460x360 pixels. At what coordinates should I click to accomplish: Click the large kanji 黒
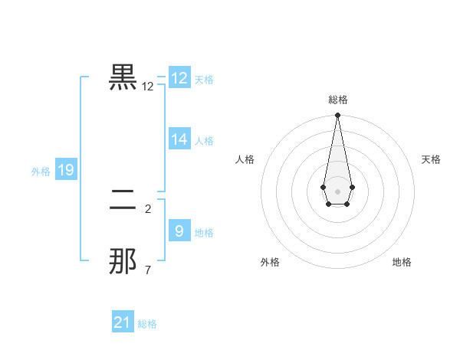click(123, 77)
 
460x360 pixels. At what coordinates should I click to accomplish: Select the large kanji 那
click(123, 261)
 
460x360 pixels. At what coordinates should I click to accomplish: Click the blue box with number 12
click(179, 78)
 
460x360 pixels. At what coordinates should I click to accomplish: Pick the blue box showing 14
click(179, 139)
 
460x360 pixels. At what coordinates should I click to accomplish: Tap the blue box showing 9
click(179, 231)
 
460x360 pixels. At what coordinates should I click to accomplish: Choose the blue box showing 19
click(66, 170)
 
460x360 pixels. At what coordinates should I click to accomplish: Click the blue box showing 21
click(123, 322)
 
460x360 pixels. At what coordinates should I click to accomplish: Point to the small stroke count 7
click(148, 270)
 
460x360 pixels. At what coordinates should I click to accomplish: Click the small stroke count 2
click(148, 208)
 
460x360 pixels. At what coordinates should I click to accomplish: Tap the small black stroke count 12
click(148, 87)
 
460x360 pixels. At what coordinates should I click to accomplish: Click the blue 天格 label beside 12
click(204, 80)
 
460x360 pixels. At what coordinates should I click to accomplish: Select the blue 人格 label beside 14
click(204, 141)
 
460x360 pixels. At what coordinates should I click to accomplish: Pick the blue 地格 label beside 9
click(204, 232)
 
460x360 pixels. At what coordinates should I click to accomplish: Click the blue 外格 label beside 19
click(41, 172)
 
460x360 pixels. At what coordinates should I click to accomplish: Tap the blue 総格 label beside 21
click(147, 324)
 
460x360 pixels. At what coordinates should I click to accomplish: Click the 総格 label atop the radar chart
click(337, 100)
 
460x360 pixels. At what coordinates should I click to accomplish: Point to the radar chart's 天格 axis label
click(431, 159)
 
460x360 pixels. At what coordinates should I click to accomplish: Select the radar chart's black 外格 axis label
click(270, 262)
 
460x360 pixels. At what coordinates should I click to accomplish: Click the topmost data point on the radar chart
click(337, 116)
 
